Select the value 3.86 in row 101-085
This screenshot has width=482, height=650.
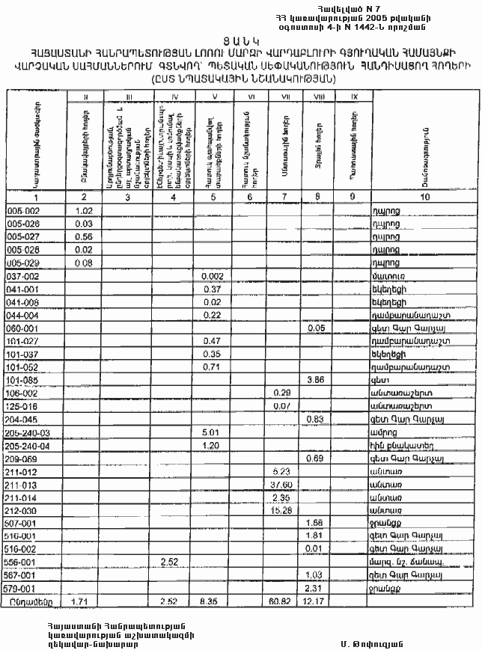tap(315, 380)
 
